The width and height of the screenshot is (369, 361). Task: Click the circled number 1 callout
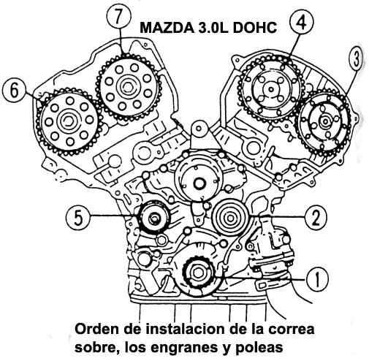pos(317,280)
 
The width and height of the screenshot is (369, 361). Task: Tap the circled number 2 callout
pos(316,218)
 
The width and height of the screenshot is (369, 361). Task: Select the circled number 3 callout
pos(357,59)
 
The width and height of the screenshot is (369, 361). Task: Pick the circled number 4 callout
pos(302,23)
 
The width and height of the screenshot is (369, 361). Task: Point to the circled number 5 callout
pos(78,218)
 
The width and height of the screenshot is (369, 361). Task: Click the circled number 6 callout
pos(14,91)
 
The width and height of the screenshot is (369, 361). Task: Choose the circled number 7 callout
pos(119,17)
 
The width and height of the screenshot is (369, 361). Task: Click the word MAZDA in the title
pos(167,27)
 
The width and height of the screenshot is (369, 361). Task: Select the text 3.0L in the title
pos(214,27)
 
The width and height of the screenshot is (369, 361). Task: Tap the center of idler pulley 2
pos(229,218)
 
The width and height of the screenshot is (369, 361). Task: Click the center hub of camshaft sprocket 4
pos(270,90)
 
